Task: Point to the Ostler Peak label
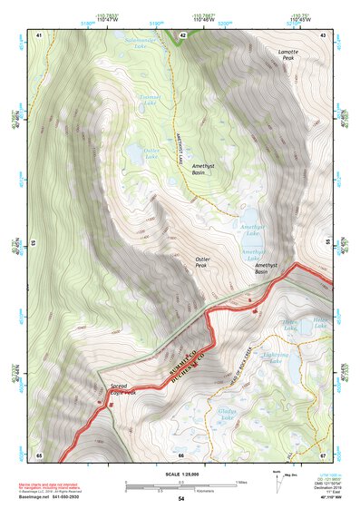pos(202,262)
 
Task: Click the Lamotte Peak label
pos(292,55)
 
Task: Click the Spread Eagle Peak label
pos(122,390)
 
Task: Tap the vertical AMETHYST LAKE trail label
pos(181,148)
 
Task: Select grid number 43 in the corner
pos(322,35)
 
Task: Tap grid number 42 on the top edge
pos(182,35)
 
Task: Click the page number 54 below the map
pos(180,500)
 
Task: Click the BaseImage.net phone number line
pos(59,497)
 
